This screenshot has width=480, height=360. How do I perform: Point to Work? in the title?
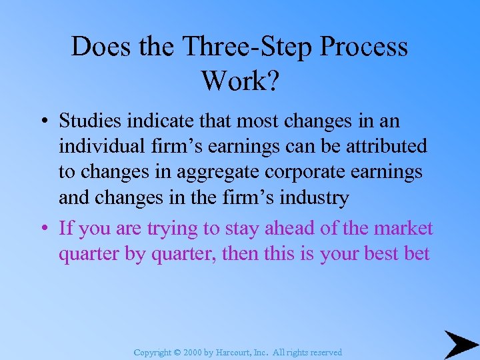[x=239, y=81]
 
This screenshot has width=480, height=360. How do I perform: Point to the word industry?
[x=313, y=197]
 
